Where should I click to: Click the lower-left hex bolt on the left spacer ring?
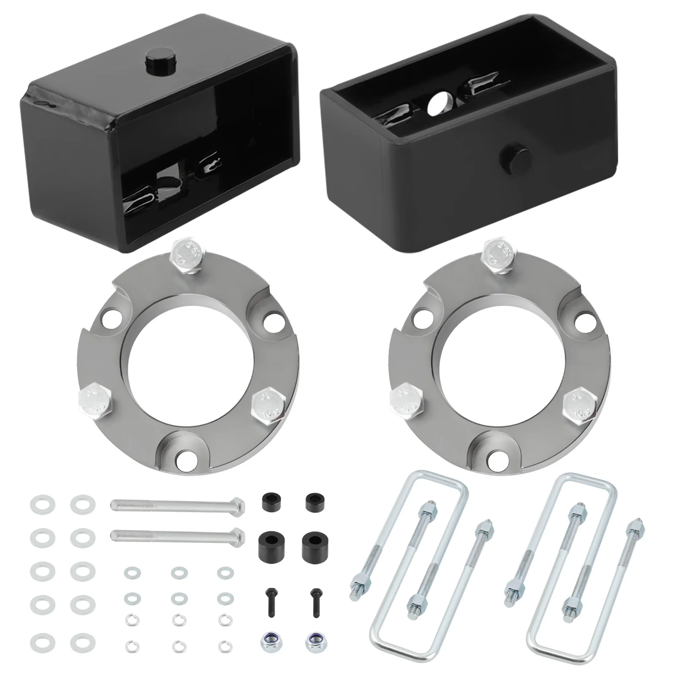[x=95, y=401]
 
